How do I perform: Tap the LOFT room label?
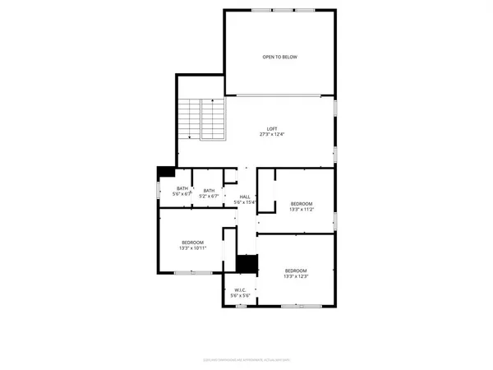click(272, 128)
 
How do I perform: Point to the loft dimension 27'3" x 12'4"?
click(272, 134)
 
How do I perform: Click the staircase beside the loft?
click(201, 119)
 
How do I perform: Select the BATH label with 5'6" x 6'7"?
click(182, 189)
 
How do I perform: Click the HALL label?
click(245, 197)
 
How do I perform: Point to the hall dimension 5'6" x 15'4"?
click(245, 202)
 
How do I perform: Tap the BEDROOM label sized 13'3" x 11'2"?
click(301, 203)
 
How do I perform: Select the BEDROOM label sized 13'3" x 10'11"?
click(194, 242)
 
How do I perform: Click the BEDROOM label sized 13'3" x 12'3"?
click(296, 271)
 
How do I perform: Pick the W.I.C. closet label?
click(241, 289)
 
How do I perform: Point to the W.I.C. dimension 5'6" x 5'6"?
click(241, 295)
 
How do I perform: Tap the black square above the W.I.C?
click(246, 264)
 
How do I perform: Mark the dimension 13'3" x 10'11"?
click(194, 247)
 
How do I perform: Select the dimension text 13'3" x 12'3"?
click(296, 277)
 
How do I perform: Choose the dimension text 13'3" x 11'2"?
click(301, 209)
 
